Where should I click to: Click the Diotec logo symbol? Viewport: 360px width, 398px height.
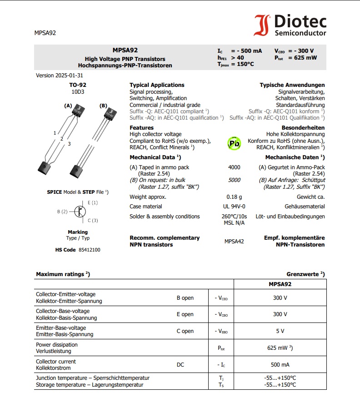tap(262, 25)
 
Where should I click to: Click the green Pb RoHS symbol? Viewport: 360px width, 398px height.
tap(234, 143)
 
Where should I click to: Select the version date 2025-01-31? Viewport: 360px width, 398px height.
tap(69, 76)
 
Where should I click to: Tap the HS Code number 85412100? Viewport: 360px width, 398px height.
tap(90, 250)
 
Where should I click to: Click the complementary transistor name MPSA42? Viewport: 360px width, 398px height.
tap(234, 241)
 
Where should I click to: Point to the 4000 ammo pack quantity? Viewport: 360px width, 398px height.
tap(234, 167)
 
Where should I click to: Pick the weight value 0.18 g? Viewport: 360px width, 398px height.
tap(234, 197)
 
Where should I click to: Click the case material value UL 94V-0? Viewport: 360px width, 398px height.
tap(234, 207)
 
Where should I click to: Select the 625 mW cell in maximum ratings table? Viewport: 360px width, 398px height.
tap(279, 348)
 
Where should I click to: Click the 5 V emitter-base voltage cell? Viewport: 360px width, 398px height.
tap(280, 331)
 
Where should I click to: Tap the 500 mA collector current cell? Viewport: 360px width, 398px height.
tap(280, 365)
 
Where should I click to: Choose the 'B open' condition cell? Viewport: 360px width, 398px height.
tap(185, 298)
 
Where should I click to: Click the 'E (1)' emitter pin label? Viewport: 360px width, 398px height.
tap(93, 202)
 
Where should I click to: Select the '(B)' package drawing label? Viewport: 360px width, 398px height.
tap(103, 106)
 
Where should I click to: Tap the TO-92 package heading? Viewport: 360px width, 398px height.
tap(78, 85)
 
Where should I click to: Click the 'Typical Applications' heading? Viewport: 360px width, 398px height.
tap(157, 85)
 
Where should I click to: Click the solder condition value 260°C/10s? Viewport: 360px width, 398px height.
tap(234, 217)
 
